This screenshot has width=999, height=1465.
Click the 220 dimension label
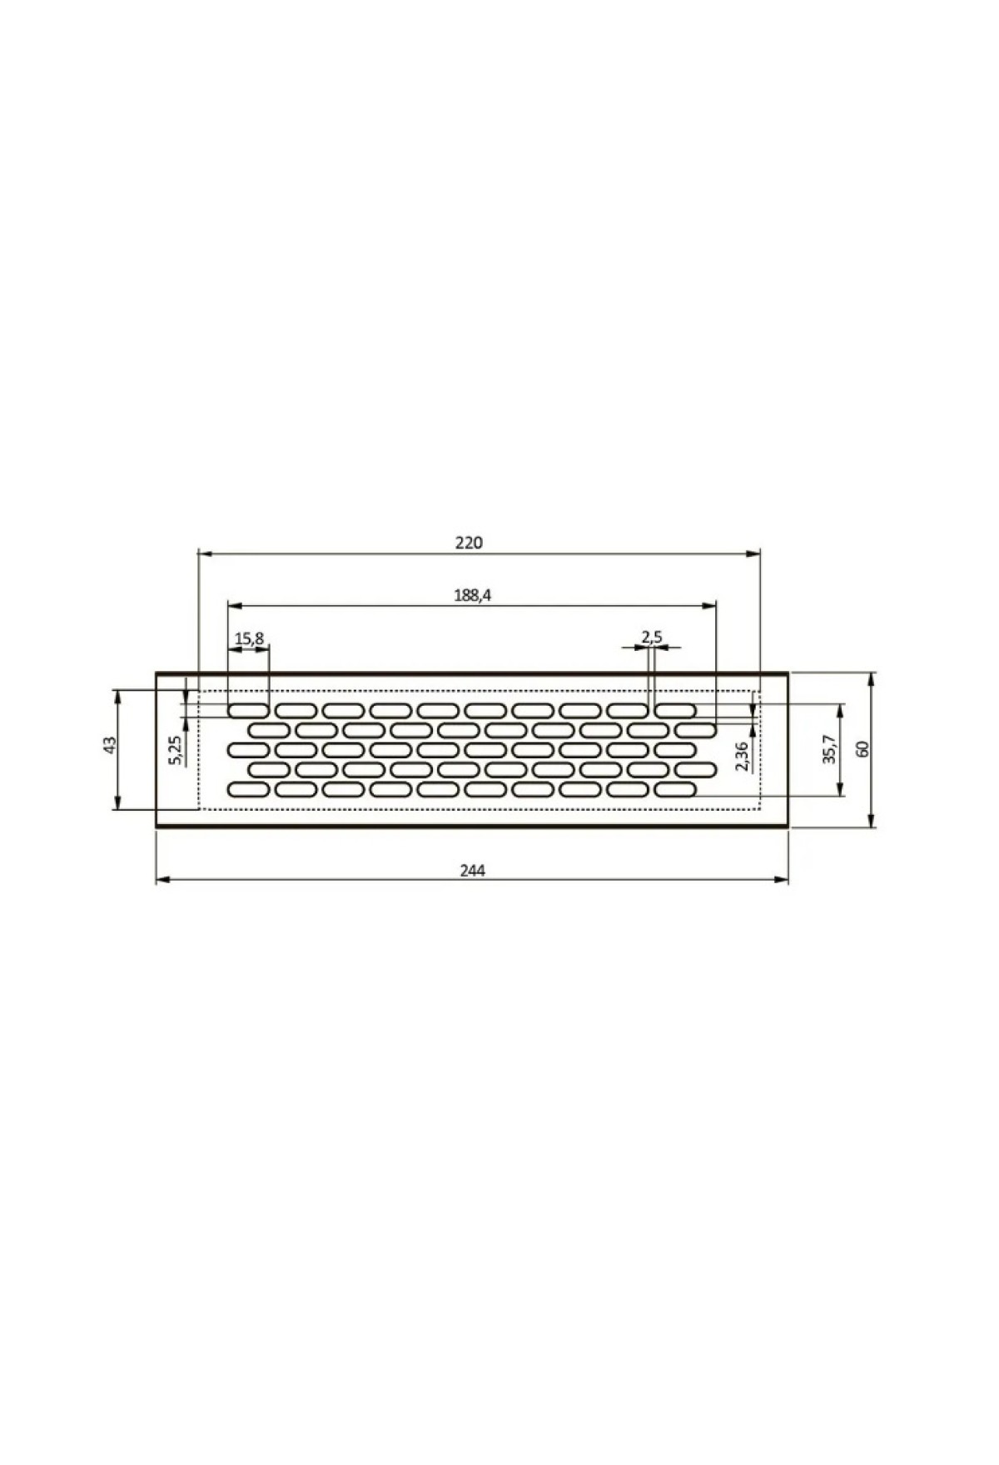point(469,543)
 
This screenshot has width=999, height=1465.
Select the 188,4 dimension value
point(473,595)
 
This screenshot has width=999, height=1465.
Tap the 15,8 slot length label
point(249,638)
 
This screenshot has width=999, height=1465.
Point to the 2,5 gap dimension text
point(651,638)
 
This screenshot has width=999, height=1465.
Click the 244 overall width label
point(472,871)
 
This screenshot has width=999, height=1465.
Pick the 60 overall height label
point(863,749)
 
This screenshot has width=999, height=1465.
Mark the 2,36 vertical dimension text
point(743,756)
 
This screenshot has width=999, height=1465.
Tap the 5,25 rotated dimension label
point(175,750)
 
